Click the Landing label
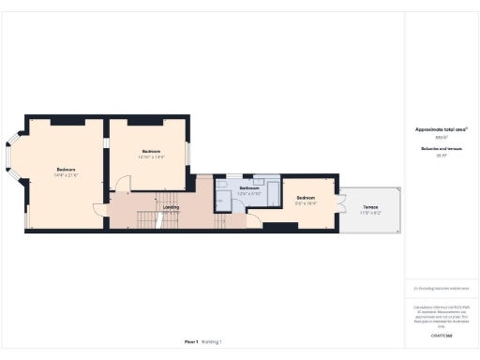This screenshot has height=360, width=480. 172,207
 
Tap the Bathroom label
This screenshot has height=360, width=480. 248,188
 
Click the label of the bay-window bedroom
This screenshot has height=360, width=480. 65,169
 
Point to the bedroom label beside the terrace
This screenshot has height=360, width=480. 307,198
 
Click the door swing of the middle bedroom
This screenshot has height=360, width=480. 123,184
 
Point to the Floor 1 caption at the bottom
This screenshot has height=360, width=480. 190,341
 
